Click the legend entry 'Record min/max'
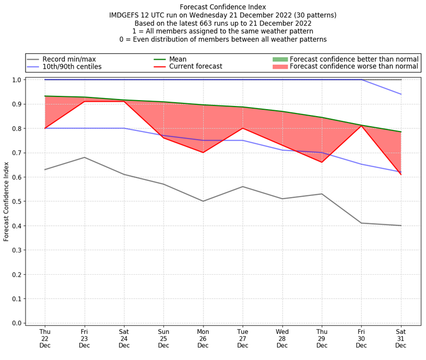69,59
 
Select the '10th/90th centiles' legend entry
72,67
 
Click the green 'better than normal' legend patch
280,59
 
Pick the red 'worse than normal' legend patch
280,67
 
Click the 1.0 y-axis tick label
17,80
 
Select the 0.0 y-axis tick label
17,323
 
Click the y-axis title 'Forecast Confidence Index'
6,201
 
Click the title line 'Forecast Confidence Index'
223,7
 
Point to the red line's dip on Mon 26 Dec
203,152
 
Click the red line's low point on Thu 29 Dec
322,162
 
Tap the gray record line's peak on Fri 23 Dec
84,157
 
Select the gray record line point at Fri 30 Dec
362,223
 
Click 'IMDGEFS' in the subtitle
127,15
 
